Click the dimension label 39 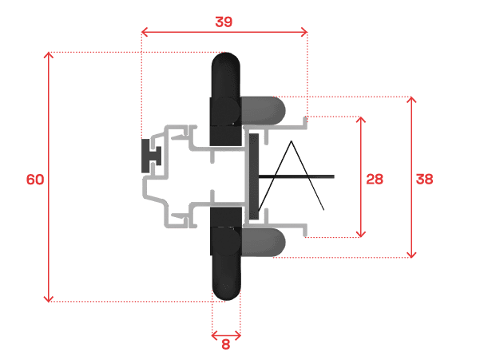click(224, 22)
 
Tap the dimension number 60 click(35, 180)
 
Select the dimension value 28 click(375, 179)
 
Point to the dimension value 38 click(425, 179)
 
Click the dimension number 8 click(225, 344)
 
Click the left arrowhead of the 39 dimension click(145, 32)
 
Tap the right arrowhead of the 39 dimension click(304, 32)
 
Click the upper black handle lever click(225, 98)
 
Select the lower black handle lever click(226, 254)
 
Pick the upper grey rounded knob click(264, 111)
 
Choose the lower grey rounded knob click(264, 243)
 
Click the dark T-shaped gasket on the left click(150, 156)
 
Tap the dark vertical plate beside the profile click(254, 176)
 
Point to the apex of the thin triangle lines click(292, 141)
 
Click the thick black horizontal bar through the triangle click(296, 176)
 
